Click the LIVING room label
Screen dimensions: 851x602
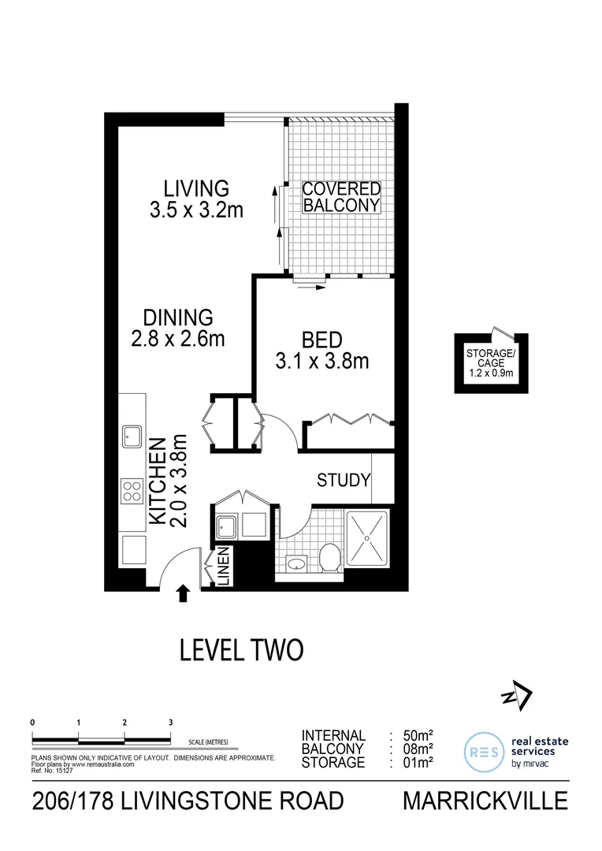point(196,189)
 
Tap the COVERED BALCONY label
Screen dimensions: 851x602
point(342,197)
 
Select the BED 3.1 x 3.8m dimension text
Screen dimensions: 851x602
point(322,362)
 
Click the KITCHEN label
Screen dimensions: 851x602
point(158,481)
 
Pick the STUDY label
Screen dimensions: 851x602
point(343,480)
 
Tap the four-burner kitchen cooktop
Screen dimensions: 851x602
point(132,492)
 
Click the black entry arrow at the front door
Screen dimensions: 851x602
point(184,593)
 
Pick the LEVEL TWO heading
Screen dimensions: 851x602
point(241,650)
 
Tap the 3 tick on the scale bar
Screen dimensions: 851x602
point(171,723)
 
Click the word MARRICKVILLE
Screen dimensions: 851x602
point(485,801)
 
